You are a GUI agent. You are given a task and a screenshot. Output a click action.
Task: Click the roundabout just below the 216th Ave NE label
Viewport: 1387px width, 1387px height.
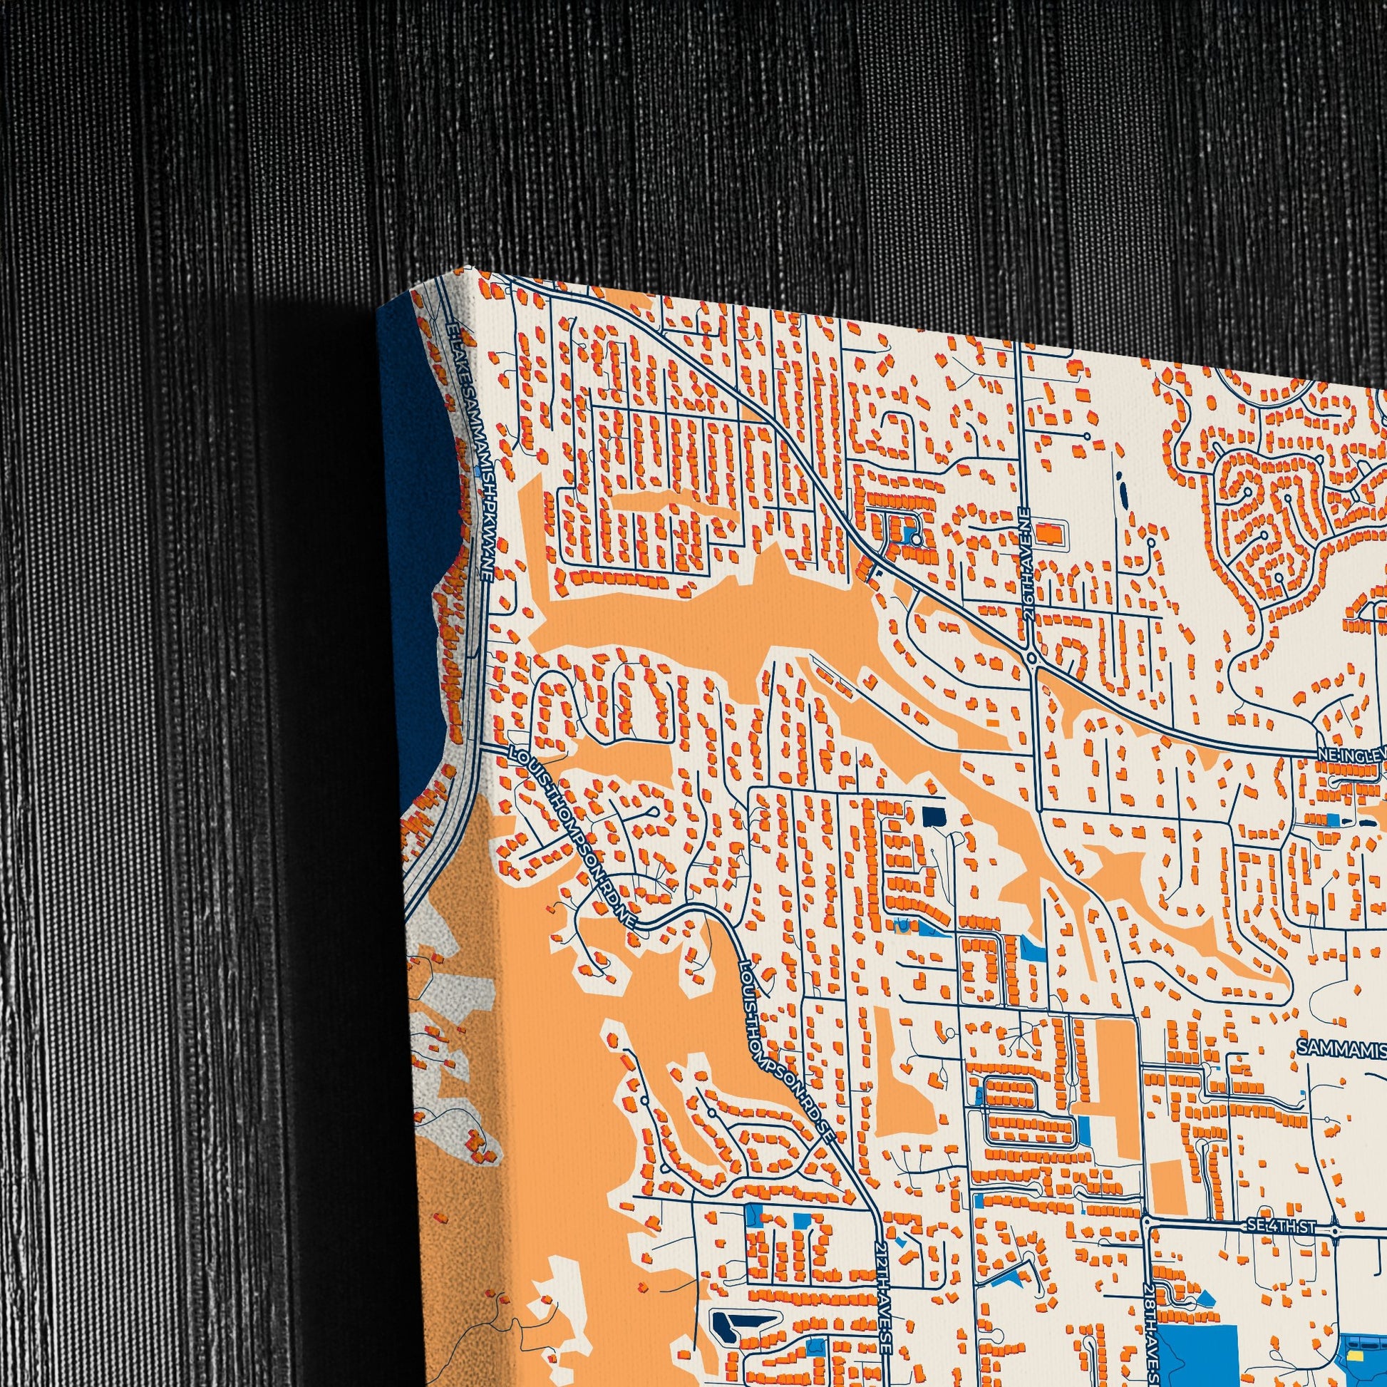point(1031,657)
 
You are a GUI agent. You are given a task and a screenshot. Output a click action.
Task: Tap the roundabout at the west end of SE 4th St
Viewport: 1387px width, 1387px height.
point(1147,1221)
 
